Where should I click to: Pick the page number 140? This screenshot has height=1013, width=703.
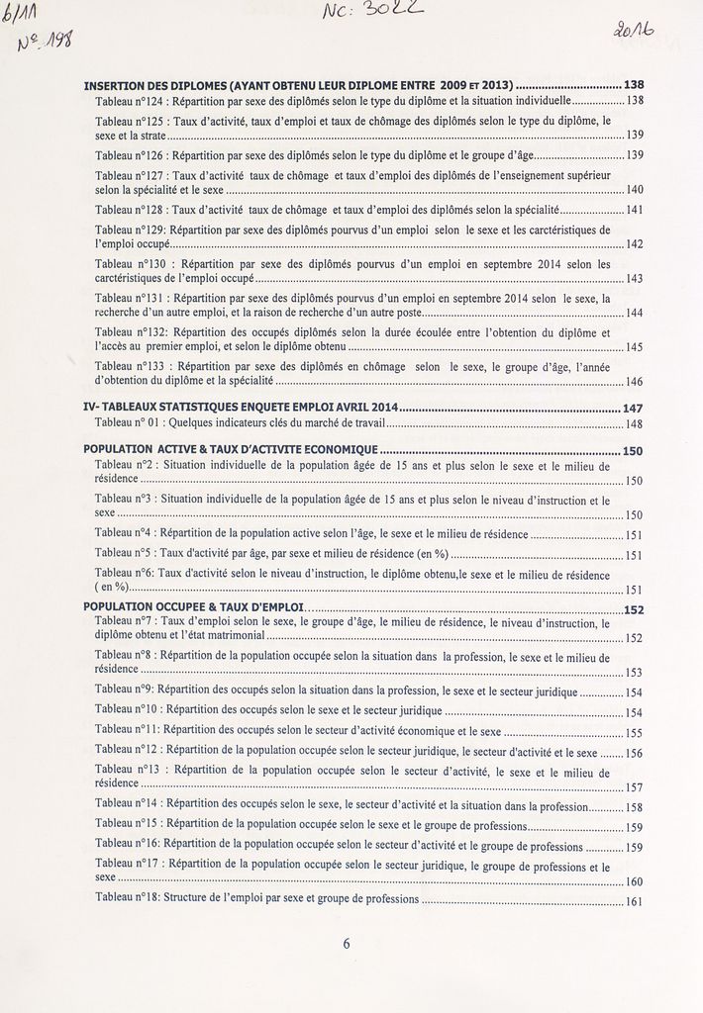pos(635,189)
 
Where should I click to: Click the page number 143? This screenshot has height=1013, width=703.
pos(635,279)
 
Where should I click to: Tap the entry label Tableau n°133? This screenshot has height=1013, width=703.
pos(131,365)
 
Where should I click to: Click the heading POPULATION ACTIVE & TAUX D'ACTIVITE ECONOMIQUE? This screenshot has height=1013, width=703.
pos(231,450)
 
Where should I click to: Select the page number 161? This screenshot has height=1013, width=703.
pos(635,901)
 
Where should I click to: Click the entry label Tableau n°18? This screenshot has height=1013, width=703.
pos(128,899)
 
